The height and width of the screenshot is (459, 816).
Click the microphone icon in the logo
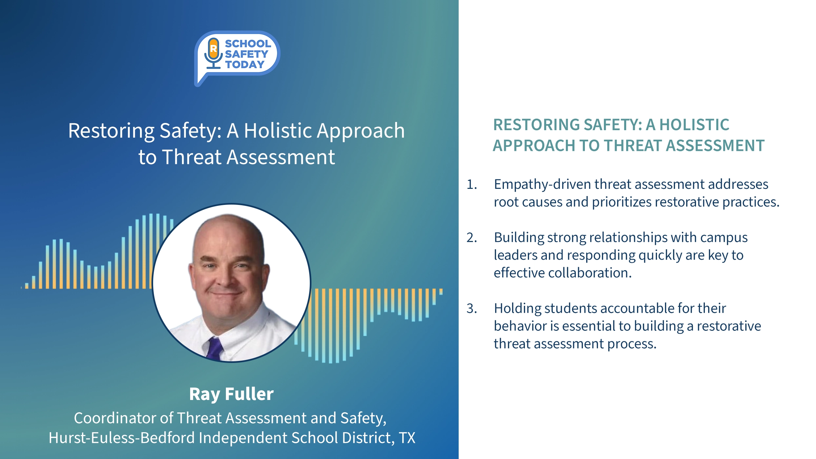pyautogui.click(x=213, y=53)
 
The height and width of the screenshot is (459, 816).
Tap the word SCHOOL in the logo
pyautogui.click(x=248, y=43)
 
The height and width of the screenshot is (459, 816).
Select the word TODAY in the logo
pyautogui.click(x=245, y=64)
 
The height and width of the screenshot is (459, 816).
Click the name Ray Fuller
pyautogui.click(x=231, y=394)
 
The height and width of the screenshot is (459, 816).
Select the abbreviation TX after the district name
pyautogui.click(x=407, y=438)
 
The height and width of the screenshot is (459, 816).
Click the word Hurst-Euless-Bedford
pyautogui.click(x=122, y=438)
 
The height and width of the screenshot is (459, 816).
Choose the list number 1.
pyautogui.click(x=471, y=184)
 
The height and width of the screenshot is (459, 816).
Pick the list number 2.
pyautogui.click(x=471, y=237)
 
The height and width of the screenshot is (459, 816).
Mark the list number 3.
pyautogui.click(x=471, y=308)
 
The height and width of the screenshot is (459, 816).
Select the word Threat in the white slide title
pyautogui.click(x=192, y=157)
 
